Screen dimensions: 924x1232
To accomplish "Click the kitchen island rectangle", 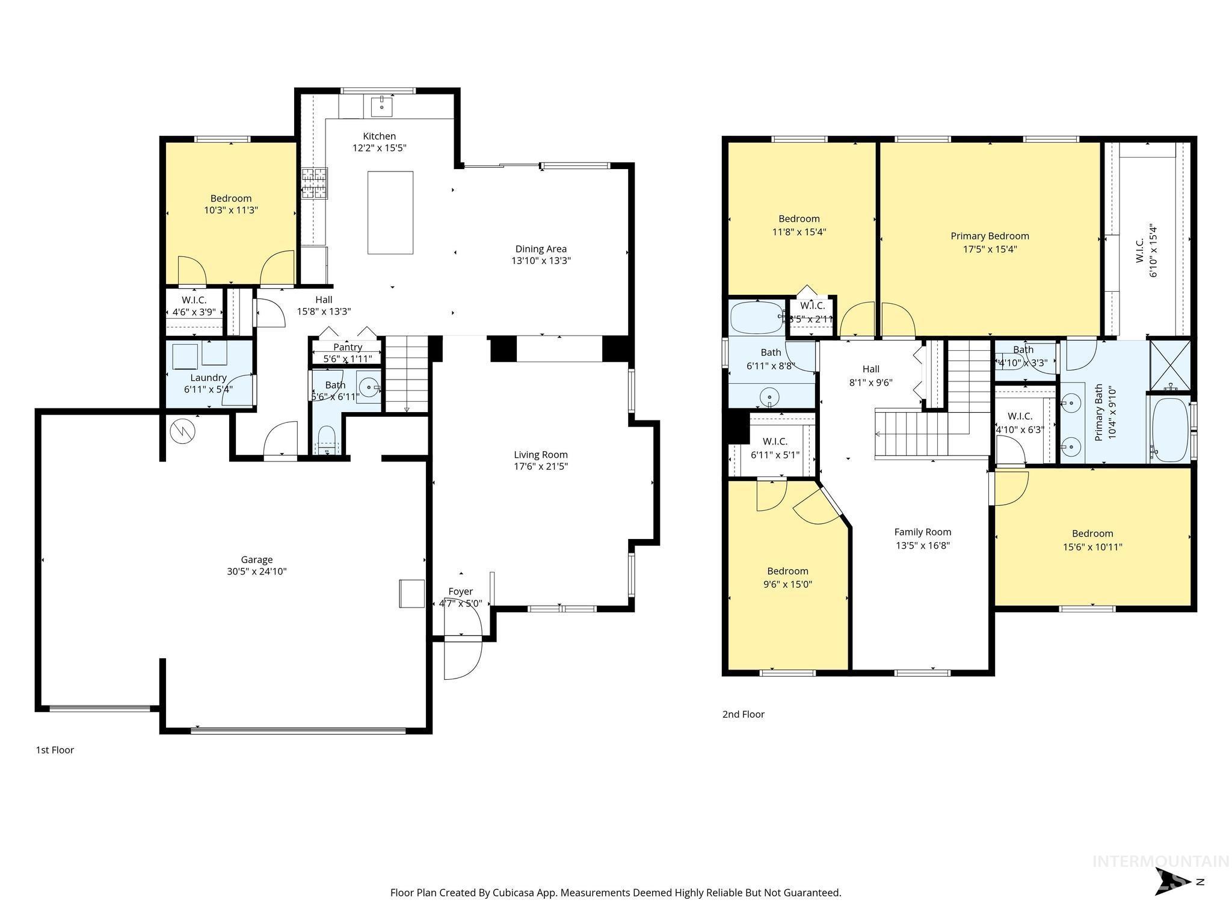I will pyautogui.click(x=390, y=212).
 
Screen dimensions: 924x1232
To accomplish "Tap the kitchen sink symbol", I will pyautogui.click(x=382, y=107).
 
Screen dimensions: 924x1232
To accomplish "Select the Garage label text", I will pyautogui.click(x=257, y=559).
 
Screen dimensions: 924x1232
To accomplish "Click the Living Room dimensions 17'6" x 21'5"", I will pyautogui.click(x=541, y=466).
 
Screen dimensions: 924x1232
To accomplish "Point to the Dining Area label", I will pyautogui.click(x=541, y=248).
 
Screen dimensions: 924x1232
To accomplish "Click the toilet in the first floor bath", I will pyautogui.click(x=326, y=440).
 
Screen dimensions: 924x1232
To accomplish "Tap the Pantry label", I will pyautogui.click(x=348, y=347).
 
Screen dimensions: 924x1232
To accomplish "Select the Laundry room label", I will pyautogui.click(x=208, y=378).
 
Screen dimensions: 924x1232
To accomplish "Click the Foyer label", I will pyautogui.click(x=460, y=591).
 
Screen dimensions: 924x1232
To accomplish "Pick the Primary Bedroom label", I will pyautogui.click(x=990, y=236).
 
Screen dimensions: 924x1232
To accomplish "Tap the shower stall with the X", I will pyautogui.click(x=1170, y=366).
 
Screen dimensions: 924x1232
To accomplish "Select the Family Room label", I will pyautogui.click(x=922, y=532).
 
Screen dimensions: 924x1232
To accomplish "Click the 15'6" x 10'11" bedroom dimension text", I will pyautogui.click(x=1092, y=547).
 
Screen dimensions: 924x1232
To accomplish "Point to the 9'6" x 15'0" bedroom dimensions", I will pyautogui.click(x=787, y=584).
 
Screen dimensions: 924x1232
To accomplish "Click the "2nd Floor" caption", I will pyautogui.click(x=743, y=714).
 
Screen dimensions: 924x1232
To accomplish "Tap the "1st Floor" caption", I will pyautogui.click(x=55, y=750).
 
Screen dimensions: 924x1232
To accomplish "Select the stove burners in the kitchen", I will pyautogui.click(x=315, y=183).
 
